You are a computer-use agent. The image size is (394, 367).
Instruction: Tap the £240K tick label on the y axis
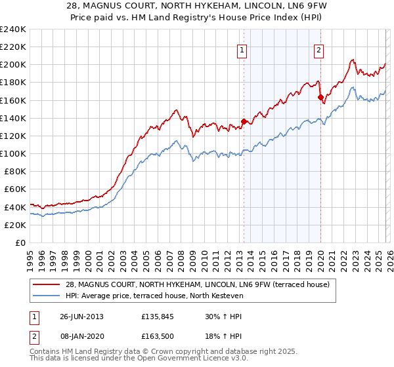[x=13, y=29]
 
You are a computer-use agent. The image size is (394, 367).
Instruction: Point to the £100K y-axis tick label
[x=13, y=153]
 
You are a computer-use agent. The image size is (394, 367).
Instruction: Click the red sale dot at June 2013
[x=244, y=121]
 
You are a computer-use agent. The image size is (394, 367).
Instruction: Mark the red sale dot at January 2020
[x=320, y=97]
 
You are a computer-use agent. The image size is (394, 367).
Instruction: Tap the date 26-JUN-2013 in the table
[x=81, y=316]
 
